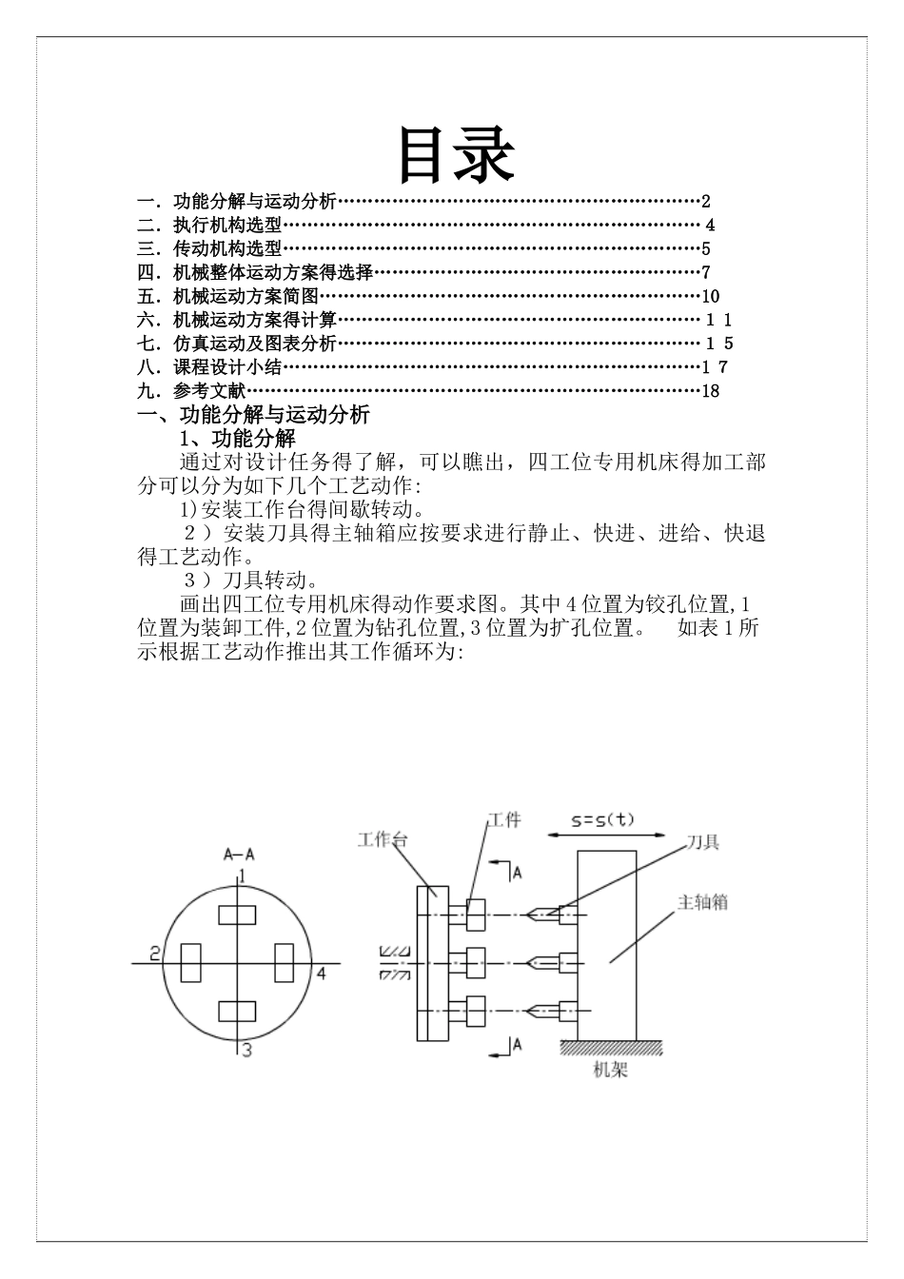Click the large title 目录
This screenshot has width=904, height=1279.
click(x=455, y=154)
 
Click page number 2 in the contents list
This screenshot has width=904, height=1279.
click(x=706, y=201)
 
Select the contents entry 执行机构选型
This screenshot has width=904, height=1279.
click(x=227, y=226)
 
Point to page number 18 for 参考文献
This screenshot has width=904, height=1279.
click(x=710, y=390)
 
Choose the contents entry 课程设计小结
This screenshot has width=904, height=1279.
click(x=227, y=367)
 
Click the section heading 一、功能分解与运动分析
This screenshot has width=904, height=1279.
click(x=253, y=414)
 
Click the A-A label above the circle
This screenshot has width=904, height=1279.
click(x=238, y=854)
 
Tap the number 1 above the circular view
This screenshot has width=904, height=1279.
click(x=243, y=875)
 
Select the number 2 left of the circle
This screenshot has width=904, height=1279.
click(x=153, y=953)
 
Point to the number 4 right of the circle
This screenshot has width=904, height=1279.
click(x=322, y=973)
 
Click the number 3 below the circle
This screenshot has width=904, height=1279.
click(x=246, y=1051)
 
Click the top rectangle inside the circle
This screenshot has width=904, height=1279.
click(x=237, y=915)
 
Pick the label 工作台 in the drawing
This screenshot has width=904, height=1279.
click(x=383, y=839)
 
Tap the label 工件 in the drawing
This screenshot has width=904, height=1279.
click(x=504, y=819)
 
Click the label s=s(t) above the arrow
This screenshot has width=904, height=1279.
click(x=604, y=818)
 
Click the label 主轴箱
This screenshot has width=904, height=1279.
click(x=702, y=901)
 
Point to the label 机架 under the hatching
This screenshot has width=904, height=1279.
click(x=610, y=1071)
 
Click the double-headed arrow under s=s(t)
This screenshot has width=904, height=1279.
click(x=605, y=836)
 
